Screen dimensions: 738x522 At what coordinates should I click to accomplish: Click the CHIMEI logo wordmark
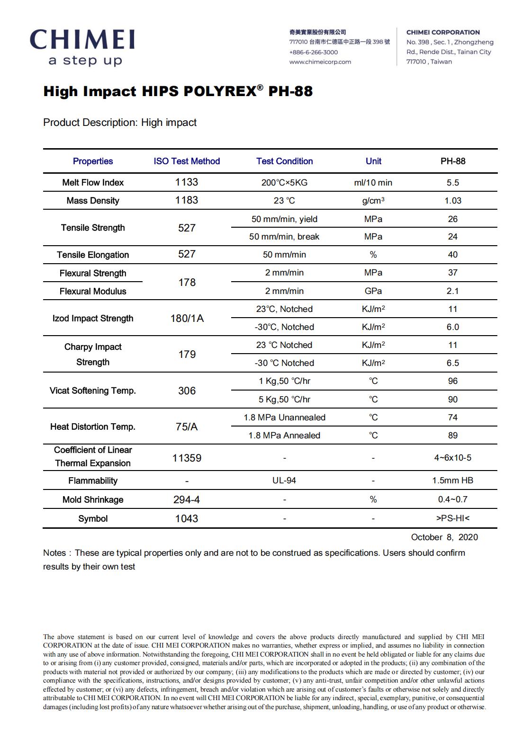[82, 40]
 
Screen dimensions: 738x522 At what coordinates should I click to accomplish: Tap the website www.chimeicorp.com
[320, 62]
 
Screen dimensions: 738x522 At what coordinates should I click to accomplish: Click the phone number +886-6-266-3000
[314, 52]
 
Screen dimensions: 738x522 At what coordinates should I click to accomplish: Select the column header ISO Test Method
[187, 161]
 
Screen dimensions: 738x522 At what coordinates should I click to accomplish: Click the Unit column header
[373, 161]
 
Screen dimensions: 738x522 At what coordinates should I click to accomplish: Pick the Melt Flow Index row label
[93, 183]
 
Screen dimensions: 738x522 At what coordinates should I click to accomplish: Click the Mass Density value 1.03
[452, 201]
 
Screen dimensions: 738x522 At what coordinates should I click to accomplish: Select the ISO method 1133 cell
[187, 182]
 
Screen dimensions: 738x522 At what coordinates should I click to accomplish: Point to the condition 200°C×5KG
[284, 183]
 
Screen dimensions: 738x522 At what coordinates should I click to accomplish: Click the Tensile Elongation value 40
[452, 255]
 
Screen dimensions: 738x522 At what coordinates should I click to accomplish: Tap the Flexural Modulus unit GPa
[373, 291]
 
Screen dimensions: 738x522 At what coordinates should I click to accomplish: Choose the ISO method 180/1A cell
[187, 318]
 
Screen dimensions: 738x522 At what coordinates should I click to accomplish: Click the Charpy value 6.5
[452, 363]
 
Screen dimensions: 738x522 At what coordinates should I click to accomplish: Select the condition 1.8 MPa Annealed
[284, 436]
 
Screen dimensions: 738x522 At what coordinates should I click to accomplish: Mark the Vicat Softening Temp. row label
[93, 391]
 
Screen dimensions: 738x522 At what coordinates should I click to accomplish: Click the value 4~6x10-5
[452, 458]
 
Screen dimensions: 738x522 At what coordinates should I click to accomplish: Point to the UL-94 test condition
[284, 480]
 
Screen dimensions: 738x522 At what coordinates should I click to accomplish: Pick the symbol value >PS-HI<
[452, 518]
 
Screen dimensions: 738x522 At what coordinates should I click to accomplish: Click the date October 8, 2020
[444, 537]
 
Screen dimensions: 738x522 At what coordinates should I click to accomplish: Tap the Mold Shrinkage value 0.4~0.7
[452, 499]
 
